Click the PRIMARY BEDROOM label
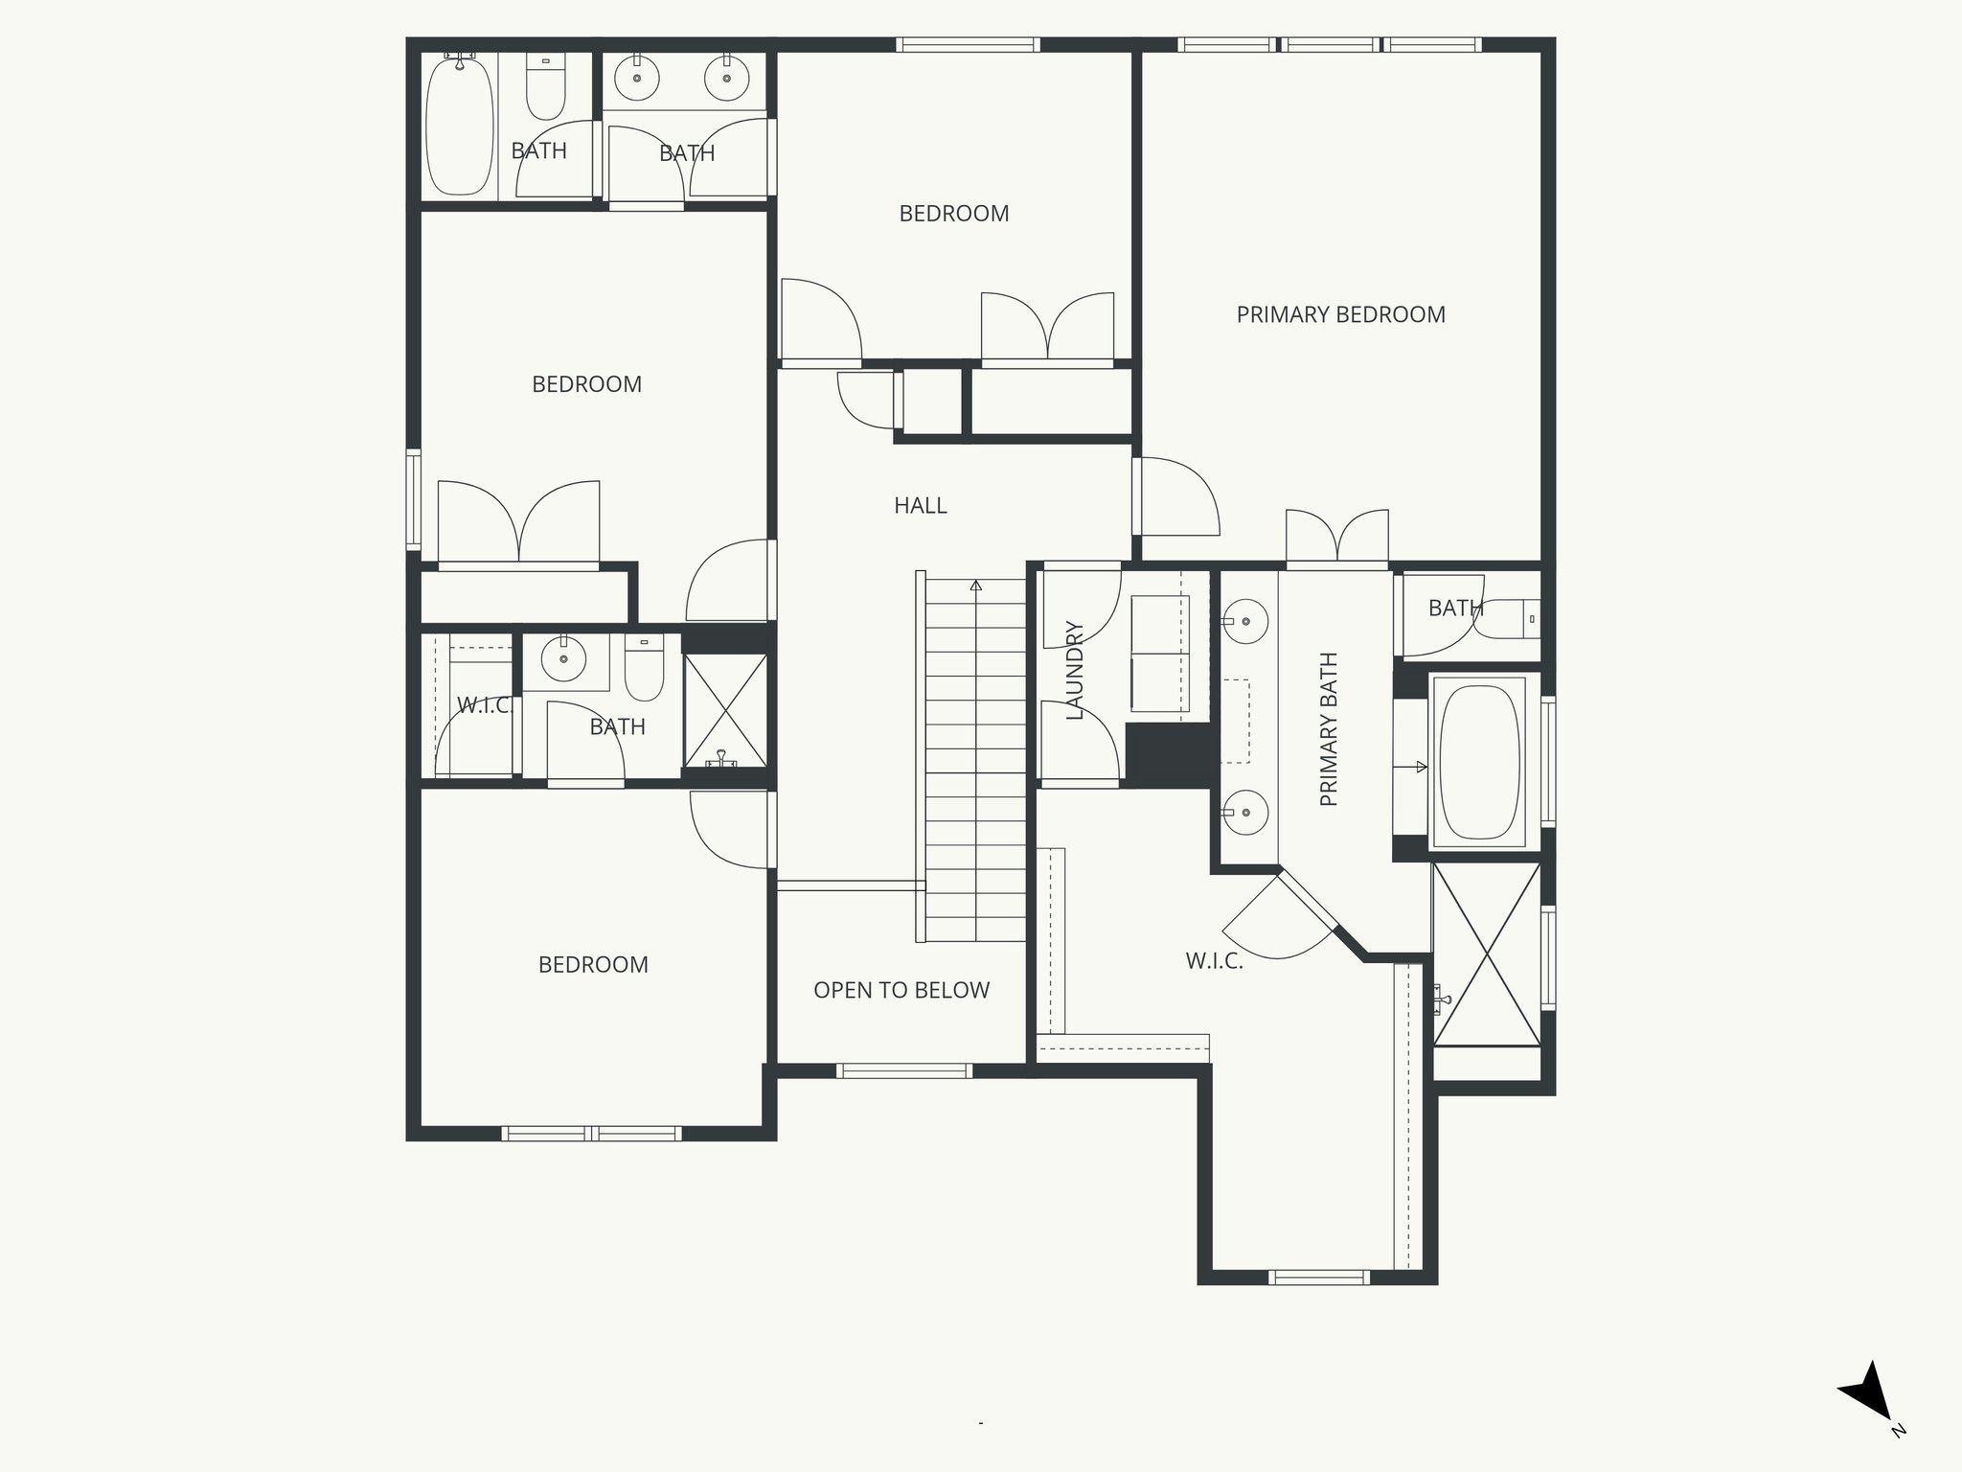pyautogui.click(x=1340, y=314)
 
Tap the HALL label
pyautogui.click(x=920, y=505)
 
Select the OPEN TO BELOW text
pyautogui.click(x=901, y=990)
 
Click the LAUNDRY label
pyautogui.click(x=1074, y=670)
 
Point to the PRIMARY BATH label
pyautogui.click(x=1329, y=729)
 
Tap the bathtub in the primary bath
pyautogui.click(x=1480, y=762)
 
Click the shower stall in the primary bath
pyautogui.click(x=1486, y=954)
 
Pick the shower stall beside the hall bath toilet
pyautogui.click(x=725, y=710)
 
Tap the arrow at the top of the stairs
pyautogui.click(x=976, y=585)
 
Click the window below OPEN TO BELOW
pyautogui.click(x=903, y=1070)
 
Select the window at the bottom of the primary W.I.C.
pyautogui.click(x=1318, y=1276)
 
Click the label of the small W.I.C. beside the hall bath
pyautogui.click(x=485, y=706)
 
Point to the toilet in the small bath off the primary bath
pyautogui.click(x=1510, y=619)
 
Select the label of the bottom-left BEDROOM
pyautogui.click(x=593, y=964)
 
